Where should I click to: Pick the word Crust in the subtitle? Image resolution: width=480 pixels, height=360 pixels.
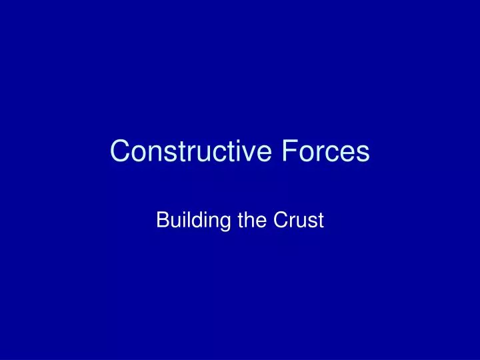click(x=297, y=220)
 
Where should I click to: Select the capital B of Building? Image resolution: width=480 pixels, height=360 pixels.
click(x=161, y=220)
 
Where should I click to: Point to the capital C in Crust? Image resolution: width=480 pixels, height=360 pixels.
click(x=278, y=220)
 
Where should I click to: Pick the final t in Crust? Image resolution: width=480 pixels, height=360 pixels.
click(x=320, y=220)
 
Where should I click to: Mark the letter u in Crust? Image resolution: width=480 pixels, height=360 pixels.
click(x=297, y=222)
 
